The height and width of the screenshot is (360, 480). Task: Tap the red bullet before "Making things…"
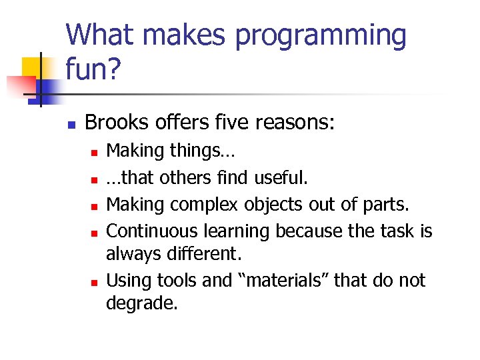coord(94,153)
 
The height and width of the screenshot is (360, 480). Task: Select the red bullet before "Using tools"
coord(94,281)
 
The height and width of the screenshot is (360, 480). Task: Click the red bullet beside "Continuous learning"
coord(94,233)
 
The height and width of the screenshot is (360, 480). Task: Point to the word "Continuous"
coord(151,231)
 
